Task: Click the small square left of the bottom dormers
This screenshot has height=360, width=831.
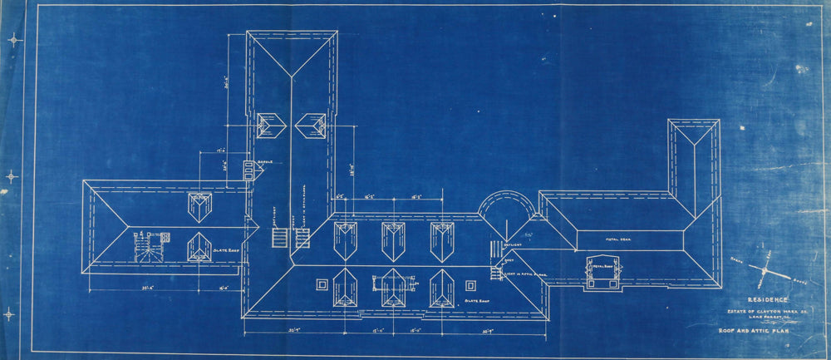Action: tap(321, 285)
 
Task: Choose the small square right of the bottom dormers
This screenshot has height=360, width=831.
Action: tap(471, 285)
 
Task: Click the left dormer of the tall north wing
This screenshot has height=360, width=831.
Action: tap(271, 126)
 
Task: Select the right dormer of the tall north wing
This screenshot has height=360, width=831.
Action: tap(311, 126)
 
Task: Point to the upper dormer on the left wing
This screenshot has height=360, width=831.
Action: tap(199, 208)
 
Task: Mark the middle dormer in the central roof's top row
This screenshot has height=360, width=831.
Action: tap(394, 240)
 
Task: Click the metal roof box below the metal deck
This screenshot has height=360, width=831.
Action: tap(602, 272)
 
